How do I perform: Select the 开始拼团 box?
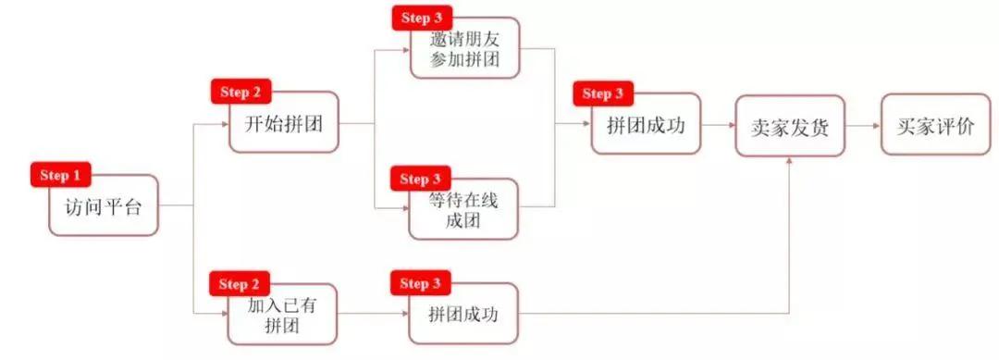coord(284,122)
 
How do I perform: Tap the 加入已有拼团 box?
coord(282,315)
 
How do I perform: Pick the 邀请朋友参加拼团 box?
coord(463,48)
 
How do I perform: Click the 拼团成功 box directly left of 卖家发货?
coord(646,123)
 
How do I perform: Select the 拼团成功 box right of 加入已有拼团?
coord(463,315)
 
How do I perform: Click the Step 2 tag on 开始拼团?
coord(241,93)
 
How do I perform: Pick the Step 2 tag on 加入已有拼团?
coord(241,283)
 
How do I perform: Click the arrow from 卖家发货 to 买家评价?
coord(862,125)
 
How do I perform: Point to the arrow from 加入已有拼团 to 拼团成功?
coord(373,315)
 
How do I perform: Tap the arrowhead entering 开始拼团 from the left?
coord(225,123)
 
